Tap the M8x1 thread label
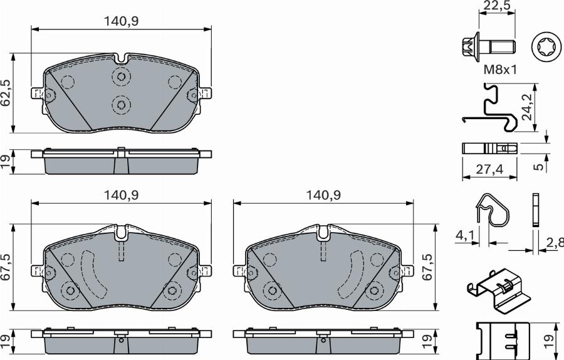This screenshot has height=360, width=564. [x=499, y=70]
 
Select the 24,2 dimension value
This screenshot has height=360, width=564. [x=528, y=107]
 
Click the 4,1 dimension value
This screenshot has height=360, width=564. [x=464, y=237]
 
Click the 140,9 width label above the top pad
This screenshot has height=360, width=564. [x=120, y=21]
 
